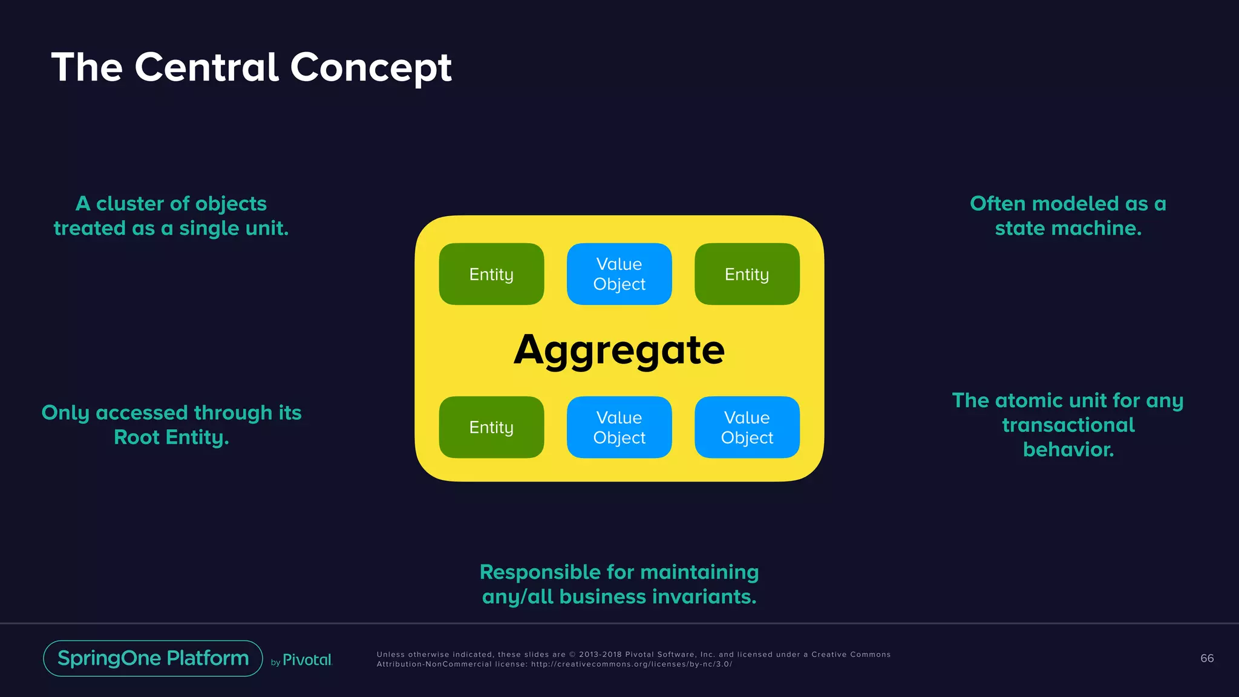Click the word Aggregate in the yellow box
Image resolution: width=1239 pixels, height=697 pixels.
(619, 350)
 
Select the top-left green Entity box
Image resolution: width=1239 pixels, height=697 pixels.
(491, 274)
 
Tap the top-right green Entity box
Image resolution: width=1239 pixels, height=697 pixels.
(747, 274)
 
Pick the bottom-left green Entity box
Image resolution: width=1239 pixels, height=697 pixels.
(491, 427)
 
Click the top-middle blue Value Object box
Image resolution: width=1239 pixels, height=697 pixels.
(619, 274)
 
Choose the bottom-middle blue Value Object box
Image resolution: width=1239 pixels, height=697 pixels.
(619, 427)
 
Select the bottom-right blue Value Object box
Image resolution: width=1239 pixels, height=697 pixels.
(747, 427)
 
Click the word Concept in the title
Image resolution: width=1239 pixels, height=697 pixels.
(371, 67)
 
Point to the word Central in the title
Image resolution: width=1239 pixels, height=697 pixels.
(206, 67)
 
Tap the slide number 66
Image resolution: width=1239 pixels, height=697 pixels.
(1206, 658)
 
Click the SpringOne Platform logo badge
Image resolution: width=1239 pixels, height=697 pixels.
(153, 658)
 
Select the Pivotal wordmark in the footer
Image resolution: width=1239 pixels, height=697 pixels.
(307, 660)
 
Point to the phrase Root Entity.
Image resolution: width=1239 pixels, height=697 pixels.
(171, 437)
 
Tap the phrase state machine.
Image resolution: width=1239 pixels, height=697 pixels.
(1068, 229)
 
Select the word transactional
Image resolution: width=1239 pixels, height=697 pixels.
(1068, 425)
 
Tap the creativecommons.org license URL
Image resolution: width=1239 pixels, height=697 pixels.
(631, 664)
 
